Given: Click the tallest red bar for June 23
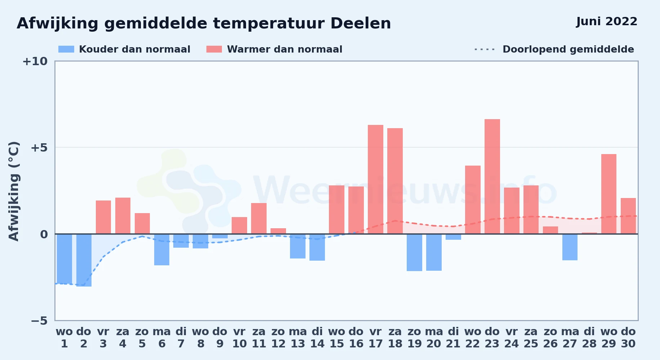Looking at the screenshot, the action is pyautogui.click(x=492, y=176).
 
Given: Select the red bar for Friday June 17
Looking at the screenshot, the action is pyautogui.click(x=375, y=179).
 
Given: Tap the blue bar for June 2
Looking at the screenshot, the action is pyautogui.click(x=84, y=260).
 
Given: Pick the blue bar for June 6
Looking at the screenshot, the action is pyautogui.click(x=162, y=249).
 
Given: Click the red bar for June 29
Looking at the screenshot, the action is pyautogui.click(x=609, y=194).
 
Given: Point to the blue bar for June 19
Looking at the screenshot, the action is pyautogui.click(x=414, y=252).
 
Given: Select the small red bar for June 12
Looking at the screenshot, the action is pyautogui.click(x=278, y=231).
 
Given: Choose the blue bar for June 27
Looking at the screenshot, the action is pyautogui.click(x=570, y=247).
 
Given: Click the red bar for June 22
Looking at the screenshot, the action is pyautogui.click(x=473, y=200).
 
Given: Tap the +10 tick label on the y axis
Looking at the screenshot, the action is pyautogui.click(x=35, y=61).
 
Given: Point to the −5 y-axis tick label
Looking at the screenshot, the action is pyautogui.click(x=39, y=320).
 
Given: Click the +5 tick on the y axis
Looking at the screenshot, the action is pyautogui.click(x=39, y=148).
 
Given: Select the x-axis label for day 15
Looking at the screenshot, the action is pyautogui.click(x=336, y=338).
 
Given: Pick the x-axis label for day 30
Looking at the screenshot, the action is pyautogui.click(x=628, y=338).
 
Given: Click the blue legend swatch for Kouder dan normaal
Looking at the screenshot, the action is pyautogui.click(x=66, y=49).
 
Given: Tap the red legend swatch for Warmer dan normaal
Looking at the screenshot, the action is pyautogui.click(x=214, y=49).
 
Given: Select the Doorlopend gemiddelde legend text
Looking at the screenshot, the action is pyautogui.click(x=568, y=49).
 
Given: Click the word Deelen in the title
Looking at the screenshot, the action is pyautogui.click(x=361, y=23).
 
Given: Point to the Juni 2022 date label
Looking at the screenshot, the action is pyautogui.click(x=607, y=22).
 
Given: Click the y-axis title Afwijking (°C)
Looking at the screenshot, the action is pyautogui.click(x=14, y=191).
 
